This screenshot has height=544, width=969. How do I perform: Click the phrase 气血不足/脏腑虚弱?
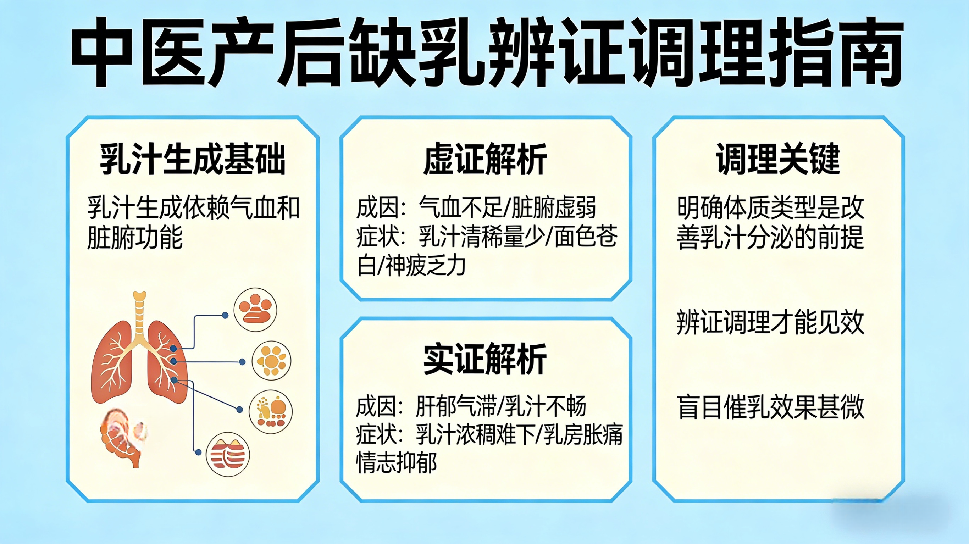pos(508,208)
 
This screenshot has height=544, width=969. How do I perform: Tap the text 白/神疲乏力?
pos(411,266)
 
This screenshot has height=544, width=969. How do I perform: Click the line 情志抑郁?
pos(397,463)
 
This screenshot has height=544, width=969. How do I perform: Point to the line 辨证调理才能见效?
pos(770,322)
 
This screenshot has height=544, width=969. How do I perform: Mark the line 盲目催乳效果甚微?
pos(770,407)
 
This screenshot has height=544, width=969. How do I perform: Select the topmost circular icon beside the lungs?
pos(255,310)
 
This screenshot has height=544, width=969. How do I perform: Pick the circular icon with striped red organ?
pos(228,455)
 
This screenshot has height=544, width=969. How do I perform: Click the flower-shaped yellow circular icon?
pos(271,361)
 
